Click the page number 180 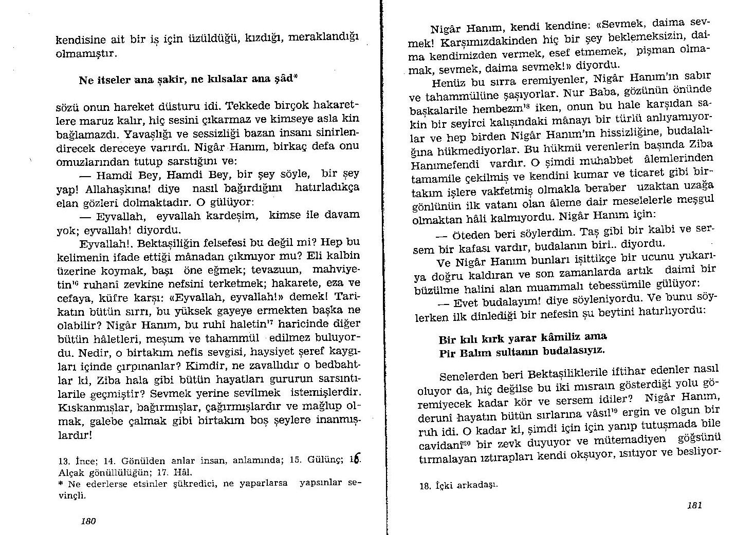click(89, 521)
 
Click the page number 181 click(694, 505)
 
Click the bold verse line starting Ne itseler click(188, 80)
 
